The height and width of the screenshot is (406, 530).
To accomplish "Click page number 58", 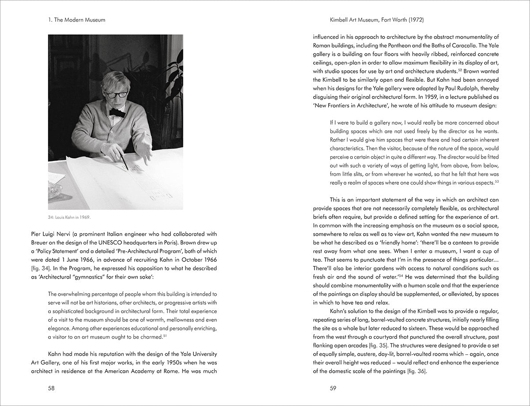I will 51,388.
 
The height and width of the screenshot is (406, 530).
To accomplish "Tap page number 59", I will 333,388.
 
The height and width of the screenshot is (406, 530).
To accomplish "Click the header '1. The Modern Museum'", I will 77,20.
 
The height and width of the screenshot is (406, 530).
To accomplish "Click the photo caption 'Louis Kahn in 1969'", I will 71,217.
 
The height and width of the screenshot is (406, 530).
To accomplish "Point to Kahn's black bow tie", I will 117,112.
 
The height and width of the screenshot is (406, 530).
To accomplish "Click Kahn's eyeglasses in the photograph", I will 116,94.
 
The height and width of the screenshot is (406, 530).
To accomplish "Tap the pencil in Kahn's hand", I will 123,162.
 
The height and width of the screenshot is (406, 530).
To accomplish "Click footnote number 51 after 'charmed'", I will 165,336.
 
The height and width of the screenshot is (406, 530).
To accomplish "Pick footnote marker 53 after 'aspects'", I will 497,181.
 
